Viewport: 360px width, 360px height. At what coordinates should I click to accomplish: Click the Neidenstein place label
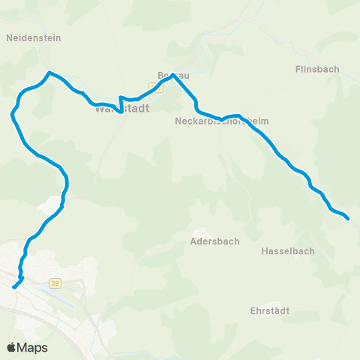pos(33,37)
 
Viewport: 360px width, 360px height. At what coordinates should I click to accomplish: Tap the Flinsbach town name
pos(317,69)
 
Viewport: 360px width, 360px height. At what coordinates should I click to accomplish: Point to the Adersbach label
pos(215,241)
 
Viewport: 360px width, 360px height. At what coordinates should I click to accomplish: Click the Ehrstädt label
pos(271,310)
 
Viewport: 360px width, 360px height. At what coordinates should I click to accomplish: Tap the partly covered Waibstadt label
pos(121,109)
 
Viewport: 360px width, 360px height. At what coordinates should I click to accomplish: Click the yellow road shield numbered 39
pos(55,283)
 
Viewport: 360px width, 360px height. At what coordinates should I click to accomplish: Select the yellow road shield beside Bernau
pos(156,88)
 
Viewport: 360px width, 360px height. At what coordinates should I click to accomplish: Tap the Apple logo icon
pos(11,347)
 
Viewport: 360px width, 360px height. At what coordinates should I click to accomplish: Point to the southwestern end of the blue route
pos(14,286)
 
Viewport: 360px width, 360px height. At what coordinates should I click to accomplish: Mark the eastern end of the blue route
pos(349,219)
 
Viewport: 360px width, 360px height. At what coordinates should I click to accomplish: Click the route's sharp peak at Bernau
pos(173,74)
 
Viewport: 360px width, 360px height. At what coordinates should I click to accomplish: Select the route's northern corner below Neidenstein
pos(49,73)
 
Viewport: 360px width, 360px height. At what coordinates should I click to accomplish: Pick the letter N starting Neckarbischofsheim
pos(178,121)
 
